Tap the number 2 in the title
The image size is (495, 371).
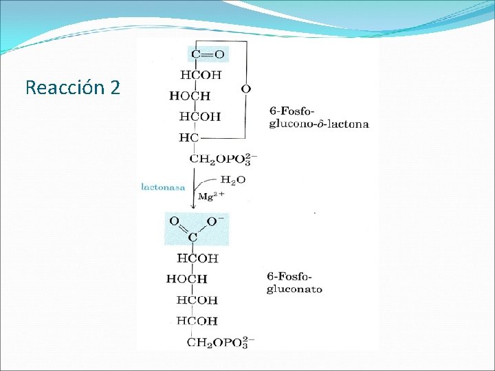114,88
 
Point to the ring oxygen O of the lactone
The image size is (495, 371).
245,89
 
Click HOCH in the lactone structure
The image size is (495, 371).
190,96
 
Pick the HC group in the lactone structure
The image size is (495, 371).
188,137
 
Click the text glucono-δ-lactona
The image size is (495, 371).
318,124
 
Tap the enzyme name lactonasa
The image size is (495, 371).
163,187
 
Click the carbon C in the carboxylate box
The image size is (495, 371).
192,238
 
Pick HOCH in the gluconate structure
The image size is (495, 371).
186,279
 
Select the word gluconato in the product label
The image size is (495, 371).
294,289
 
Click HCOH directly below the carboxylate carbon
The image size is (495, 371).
197,258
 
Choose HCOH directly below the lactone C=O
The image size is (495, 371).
201,75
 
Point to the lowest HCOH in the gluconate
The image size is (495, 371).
197,321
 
